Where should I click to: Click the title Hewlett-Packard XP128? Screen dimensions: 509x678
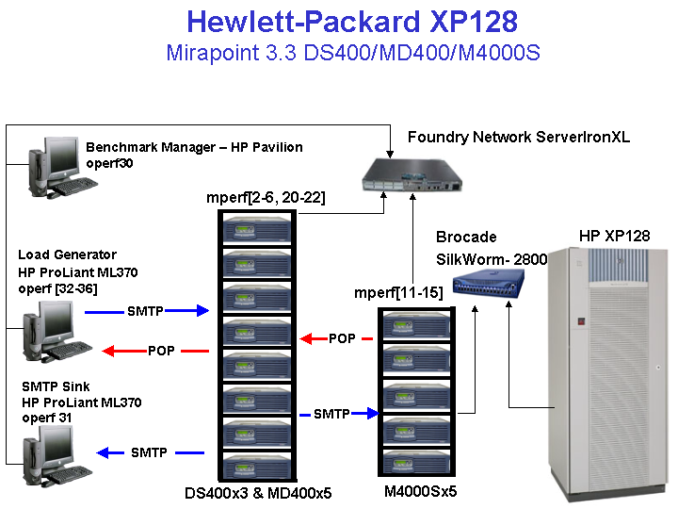tap(352, 23)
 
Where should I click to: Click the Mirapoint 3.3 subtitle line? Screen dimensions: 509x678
tap(352, 52)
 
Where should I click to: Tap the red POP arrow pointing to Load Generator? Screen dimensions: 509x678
tap(155, 352)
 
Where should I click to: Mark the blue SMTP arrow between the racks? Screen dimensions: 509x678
tap(338, 414)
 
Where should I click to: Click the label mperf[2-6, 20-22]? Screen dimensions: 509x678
tap(265, 197)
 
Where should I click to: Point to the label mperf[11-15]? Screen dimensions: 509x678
tap(398, 293)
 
